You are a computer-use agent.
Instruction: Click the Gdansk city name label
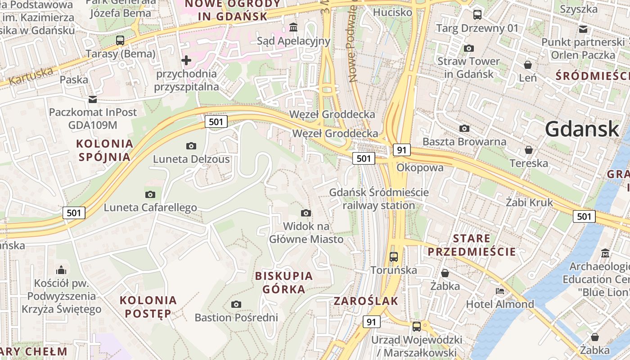[582, 130]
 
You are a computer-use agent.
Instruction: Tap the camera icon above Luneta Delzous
[191, 146]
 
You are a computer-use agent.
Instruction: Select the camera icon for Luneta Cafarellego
[150, 194]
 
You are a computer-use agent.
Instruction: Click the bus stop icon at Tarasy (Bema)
[120, 40]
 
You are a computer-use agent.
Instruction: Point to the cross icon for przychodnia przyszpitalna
[186, 60]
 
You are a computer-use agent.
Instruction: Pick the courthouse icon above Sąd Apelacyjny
[294, 27]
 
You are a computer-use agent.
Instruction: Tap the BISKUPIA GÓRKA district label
[283, 282]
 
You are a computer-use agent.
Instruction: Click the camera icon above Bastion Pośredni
[236, 305]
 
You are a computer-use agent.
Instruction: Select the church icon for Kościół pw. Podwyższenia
[61, 270]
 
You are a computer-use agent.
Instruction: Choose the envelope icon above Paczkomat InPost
[92, 99]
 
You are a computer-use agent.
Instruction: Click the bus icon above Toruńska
[394, 256]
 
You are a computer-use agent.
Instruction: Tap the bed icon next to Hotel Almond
[500, 291]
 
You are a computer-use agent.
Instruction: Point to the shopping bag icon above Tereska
[529, 149]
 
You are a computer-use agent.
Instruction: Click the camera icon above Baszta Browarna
[464, 129]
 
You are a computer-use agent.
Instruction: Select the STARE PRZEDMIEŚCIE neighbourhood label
[472, 245]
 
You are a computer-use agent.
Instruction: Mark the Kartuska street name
[31, 76]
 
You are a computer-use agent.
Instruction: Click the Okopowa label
[420, 167]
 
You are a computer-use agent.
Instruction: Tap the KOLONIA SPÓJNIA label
[105, 150]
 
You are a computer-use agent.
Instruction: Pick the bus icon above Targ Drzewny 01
[477, 15]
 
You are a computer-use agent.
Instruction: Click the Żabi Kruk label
[529, 202]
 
